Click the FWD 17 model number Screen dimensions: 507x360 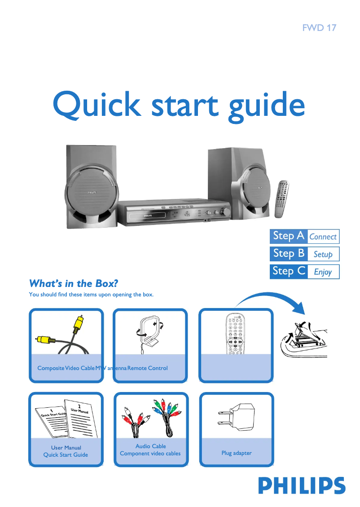click(x=319, y=28)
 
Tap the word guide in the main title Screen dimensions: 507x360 click(x=266, y=106)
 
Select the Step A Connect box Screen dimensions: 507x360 click(x=304, y=236)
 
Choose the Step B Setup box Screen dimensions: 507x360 click(x=304, y=254)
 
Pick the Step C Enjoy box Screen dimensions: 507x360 click(x=304, y=271)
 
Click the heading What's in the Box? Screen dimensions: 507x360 click(x=73, y=283)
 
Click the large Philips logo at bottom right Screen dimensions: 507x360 click(x=302, y=486)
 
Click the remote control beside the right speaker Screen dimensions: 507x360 click(x=282, y=198)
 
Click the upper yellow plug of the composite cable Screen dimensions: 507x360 click(x=79, y=322)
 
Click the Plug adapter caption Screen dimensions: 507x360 click(x=236, y=453)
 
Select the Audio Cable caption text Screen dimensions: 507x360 click(x=150, y=446)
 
